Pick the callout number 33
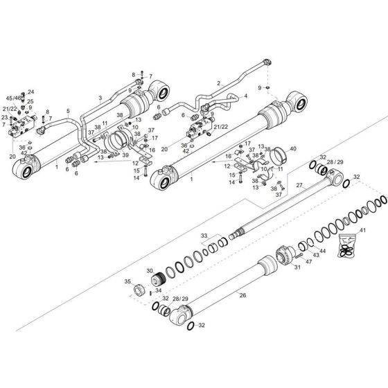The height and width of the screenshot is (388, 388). point(204,236)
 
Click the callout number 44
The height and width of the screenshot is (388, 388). point(323,250)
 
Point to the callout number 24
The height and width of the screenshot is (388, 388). point(30,91)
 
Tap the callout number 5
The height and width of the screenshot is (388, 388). point(68,110)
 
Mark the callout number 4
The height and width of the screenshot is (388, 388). point(245,96)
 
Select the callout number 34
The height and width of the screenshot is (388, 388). point(159,291)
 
